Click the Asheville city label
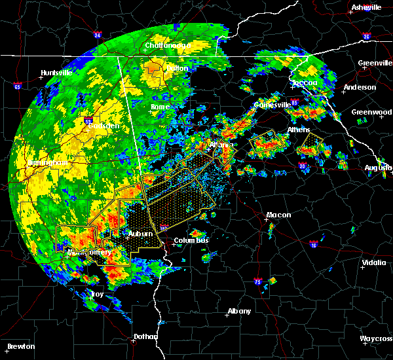(x=365, y=7)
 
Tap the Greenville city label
(x=375, y=63)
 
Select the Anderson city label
(x=360, y=88)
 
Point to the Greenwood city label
(x=371, y=112)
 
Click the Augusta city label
(x=379, y=168)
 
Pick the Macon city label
(x=278, y=215)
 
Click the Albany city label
(x=238, y=312)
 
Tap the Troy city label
(x=96, y=295)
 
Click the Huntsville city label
(x=56, y=73)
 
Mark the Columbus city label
(x=191, y=241)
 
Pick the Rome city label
(x=160, y=107)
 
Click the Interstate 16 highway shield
(x=314, y=244)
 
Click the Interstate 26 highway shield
(x=367, y=37)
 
